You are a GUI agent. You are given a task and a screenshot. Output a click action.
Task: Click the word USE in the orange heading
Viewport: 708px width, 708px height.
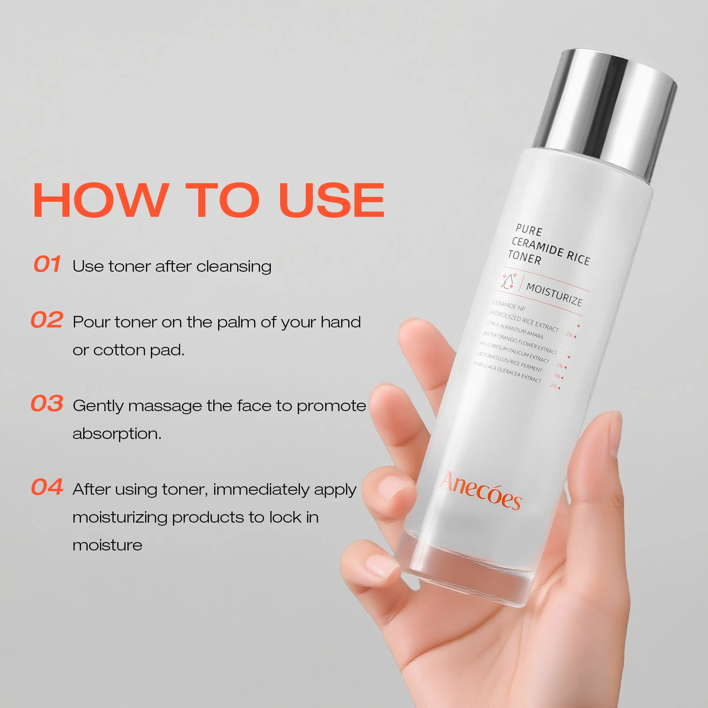tap(331, 200)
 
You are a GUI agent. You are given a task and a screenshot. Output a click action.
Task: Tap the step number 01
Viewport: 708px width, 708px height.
tap(47, 264)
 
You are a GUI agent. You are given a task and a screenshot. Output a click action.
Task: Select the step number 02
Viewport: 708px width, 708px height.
tap(47, 320)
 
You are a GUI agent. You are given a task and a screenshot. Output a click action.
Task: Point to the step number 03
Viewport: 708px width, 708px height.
tap(47, 404)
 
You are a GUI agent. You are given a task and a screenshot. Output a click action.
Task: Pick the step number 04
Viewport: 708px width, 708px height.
tap(47, 487)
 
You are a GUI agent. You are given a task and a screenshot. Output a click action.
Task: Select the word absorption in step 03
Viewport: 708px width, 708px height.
tap(117, 434)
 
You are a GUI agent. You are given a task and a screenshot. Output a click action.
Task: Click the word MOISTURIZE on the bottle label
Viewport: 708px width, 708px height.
tap(554, 295)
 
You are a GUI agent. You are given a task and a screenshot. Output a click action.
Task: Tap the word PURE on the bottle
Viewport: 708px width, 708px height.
tap(529, 230)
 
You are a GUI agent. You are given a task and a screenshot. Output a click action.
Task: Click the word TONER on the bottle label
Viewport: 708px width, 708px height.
tap(524, 257)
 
